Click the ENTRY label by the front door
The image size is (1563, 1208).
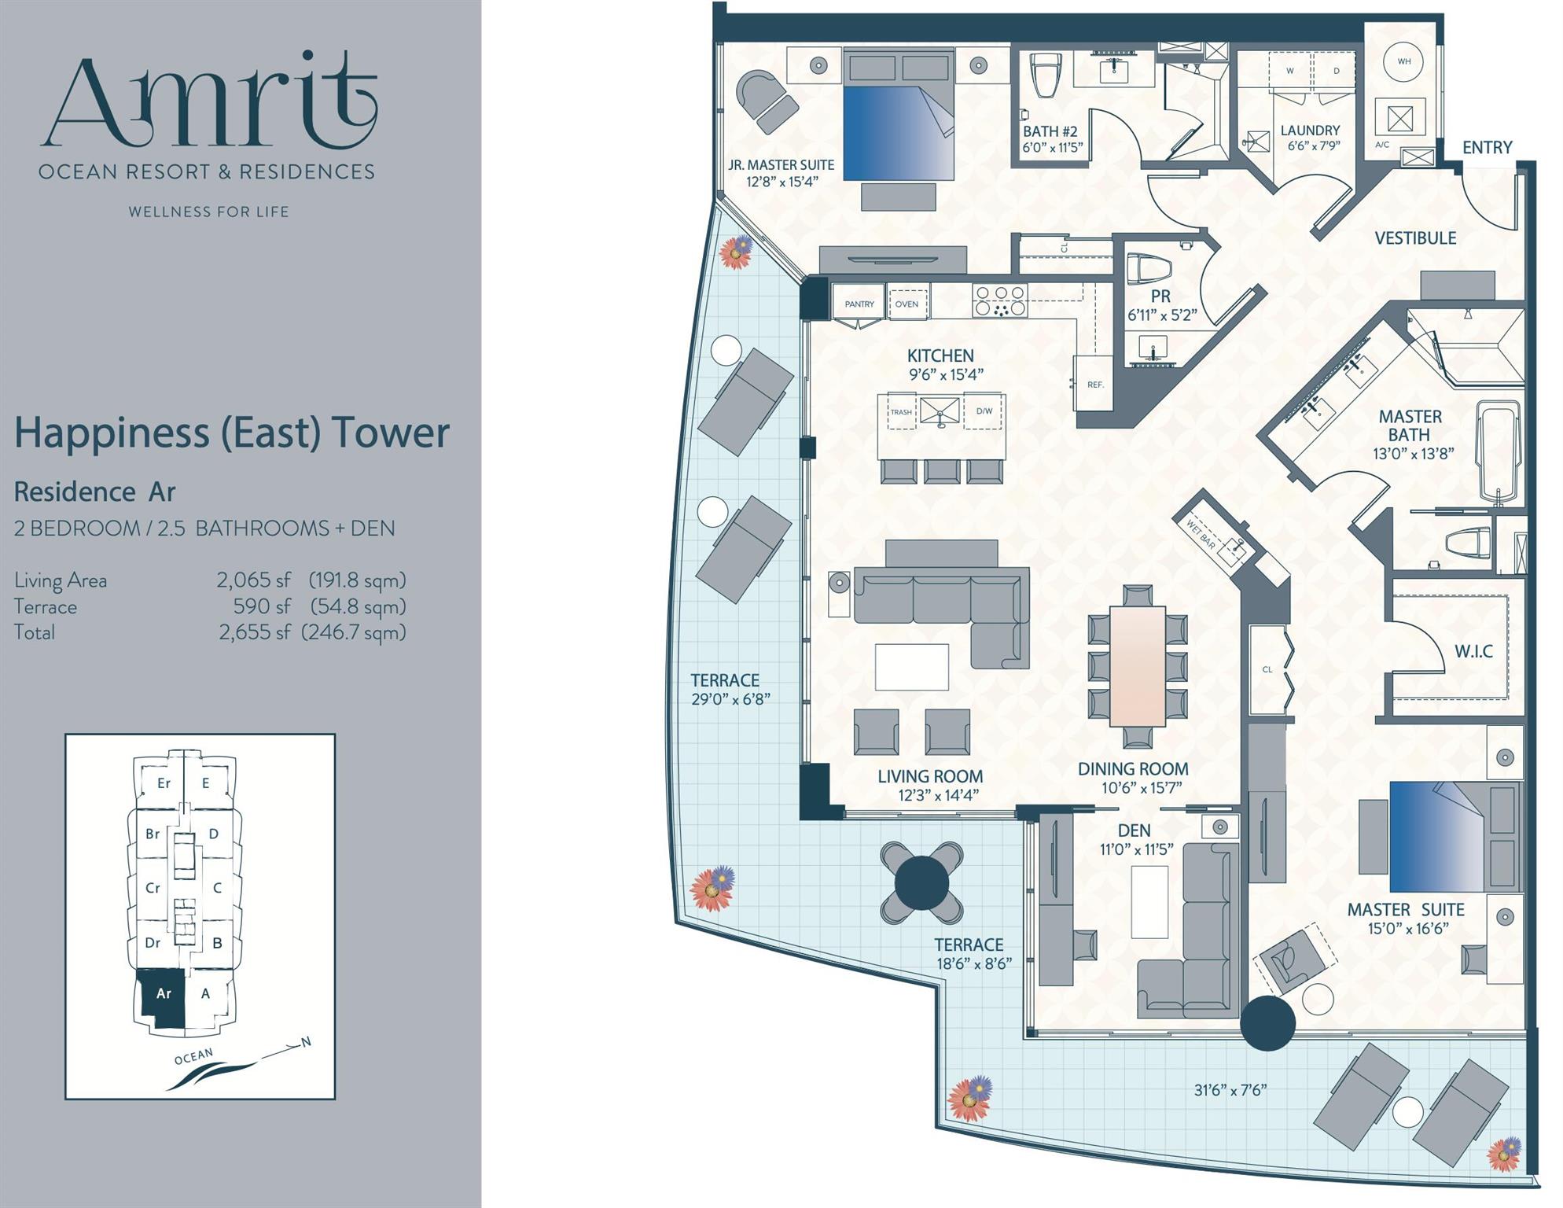(1487, 147)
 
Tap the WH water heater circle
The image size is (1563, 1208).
(1404, 61)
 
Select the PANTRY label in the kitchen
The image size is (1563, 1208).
(859, 304)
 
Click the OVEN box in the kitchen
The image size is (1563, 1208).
(907, 304)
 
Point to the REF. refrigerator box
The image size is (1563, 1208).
(1095, 384)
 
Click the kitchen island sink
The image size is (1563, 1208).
(940, 411)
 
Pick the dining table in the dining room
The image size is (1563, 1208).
(1137, 665)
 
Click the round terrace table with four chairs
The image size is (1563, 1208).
(921, 883)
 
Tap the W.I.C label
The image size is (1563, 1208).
(1473, 651)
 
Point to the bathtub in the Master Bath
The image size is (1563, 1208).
(1499, 452)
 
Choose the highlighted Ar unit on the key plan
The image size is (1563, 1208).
(163, 994)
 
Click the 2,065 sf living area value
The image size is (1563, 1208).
(253, 580)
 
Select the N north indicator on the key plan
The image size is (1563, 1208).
(307, 1042)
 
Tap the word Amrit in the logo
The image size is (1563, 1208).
(210, 102)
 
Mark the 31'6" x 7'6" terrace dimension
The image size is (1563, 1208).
(1230, 1089)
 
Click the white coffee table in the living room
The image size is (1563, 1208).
(911, 667)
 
